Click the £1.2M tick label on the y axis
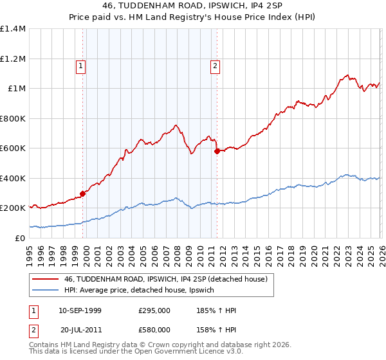[x=13, y=59]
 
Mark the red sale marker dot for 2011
[x=217, y=151]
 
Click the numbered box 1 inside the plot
[x=80, y=65]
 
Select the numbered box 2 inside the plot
[x=215, y=65]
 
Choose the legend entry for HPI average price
[x=143, y=291]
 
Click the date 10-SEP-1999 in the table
[x=80, y=310]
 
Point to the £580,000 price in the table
[x=154, y=329]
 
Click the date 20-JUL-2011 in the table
[x=81, y=329]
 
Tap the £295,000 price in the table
[x=154, y=310]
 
